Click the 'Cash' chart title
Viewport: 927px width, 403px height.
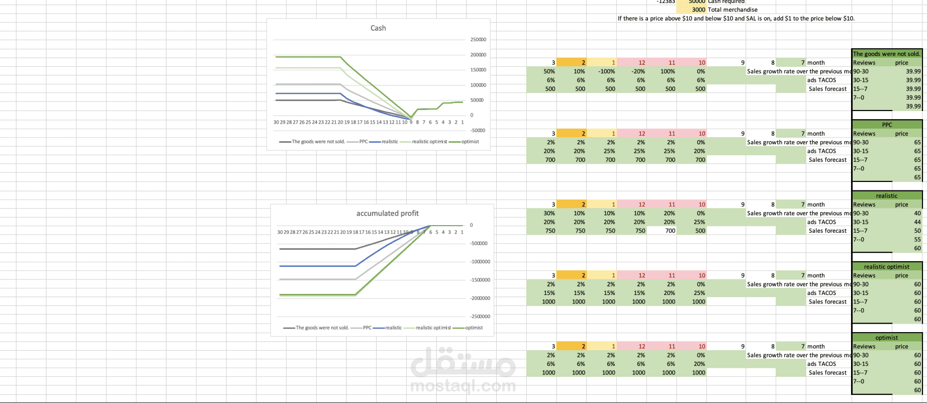pyautogui.click(x=378, y=28)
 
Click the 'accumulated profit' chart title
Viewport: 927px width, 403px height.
pyautogui.click(x=387, y=214)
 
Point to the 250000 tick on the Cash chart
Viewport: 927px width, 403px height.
pyautogui.click(x=478, y=40)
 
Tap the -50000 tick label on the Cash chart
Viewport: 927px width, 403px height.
pyautogui.click(x=478, y=131)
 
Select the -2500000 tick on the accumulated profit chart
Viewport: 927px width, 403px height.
pyautogui.click(x=480, y=317)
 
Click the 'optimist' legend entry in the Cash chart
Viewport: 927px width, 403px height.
pyautogui.click(x=470, y=142)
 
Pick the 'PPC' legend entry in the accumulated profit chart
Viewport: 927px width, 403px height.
pyautogui.click(x=367, y=328)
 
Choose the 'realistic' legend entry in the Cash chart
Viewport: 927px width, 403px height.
pyautogui.click(x=389, y=142)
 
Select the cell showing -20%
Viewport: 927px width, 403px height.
pyautogui.click(x=638, y=71)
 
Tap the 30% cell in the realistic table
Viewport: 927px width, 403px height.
pyautogui.click(x=549, y=213)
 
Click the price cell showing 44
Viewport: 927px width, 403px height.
pyautogui.click(x=917, y=222)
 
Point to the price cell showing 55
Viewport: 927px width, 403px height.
pyautogui.click(x=917, y=240)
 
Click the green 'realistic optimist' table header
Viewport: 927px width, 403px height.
pyautogui.click(x=886, y=267)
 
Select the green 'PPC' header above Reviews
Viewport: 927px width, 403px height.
pyautogui.click(x=887, y=125)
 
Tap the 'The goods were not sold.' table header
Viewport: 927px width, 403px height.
pyautogui.click(x=886, y=54)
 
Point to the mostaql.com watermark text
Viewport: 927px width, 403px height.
pyautogui.click(x=463, y=386)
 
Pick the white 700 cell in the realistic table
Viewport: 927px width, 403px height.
pyautogui.click(x=670, y=231)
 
